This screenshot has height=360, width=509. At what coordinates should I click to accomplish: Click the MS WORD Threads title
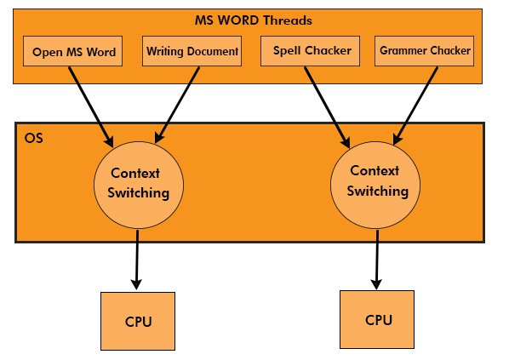(253, 19)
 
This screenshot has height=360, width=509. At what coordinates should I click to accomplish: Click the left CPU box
(138, 323)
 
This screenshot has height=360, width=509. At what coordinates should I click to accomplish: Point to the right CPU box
(379, 320)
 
